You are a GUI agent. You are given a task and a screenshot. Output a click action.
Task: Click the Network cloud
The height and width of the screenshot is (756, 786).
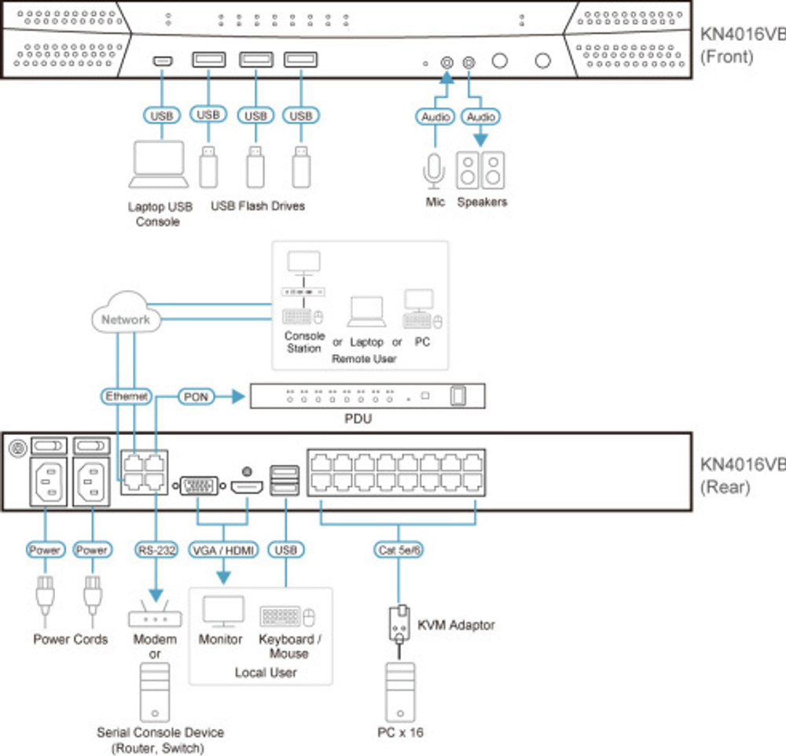tap(125, 319)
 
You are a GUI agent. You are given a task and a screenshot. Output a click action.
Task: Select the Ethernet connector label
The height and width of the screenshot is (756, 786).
tap(127, 396)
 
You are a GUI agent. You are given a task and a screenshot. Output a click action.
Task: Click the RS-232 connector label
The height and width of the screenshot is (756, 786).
tap(155, 550)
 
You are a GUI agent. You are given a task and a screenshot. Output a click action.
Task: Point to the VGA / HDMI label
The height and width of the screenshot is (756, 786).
tap(223, 550)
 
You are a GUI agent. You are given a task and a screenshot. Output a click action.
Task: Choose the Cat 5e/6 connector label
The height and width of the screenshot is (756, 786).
tap(399, 550)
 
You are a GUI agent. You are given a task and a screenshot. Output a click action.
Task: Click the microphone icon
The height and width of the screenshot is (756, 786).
tap(435, 171)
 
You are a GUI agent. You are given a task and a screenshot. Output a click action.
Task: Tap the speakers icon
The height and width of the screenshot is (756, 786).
tap(481, 171)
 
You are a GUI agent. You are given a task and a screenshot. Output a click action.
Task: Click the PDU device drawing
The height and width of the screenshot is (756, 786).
tap(367, 396)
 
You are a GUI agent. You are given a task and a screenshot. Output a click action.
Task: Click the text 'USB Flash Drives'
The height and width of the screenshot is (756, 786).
tap(258, 206)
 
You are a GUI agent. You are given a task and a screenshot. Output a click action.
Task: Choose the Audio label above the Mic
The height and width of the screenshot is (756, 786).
tap(435, 116)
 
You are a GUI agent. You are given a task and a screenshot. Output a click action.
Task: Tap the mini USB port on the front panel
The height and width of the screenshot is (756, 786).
tap(163, 61)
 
